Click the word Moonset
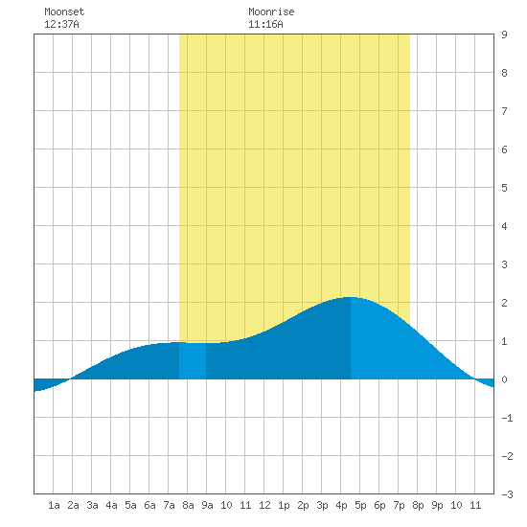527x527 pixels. pyautogui.click(x=64, y=11)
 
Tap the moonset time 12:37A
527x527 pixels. pyautogui.click(x=61, y=24)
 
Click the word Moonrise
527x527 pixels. pyautogui.click(x=271, y=11)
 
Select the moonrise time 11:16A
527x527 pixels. pyautogui.click(x=265, y=24)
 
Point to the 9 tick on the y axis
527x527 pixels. pyautogui.click(x=504, y=34)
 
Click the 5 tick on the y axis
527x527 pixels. pyautogui.click(x=504, y=188)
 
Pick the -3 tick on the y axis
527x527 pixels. pyautogui.click(x=507, y=494)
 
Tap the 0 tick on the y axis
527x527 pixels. pyautogui.click(x=504, y=379)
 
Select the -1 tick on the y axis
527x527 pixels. pyautogui.click(x=507, y=418)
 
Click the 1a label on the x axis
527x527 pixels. pyautogui.click(x=54, y=505)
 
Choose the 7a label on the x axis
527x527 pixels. pyautogui.click(x=169, y=505)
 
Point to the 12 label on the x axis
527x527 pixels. pyautogui.click(x=264, y=505)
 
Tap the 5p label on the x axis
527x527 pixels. pyautogui.click(x=360, y=505)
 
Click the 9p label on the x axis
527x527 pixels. pyautogui.click(x=437, y=505)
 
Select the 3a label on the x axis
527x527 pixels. pyautogui.click(x=92, y=505)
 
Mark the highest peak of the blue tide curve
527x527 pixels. pyautogui.click(x=350, y=297)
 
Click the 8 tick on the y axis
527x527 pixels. pyautogui.click(x=504, y=73)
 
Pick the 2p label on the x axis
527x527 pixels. pyautogui.click(x=303, y=505)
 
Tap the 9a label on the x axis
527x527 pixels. pyautogui.click(x=207, y=505)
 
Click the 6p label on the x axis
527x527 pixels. pyautogui.click(x=379, y=505)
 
